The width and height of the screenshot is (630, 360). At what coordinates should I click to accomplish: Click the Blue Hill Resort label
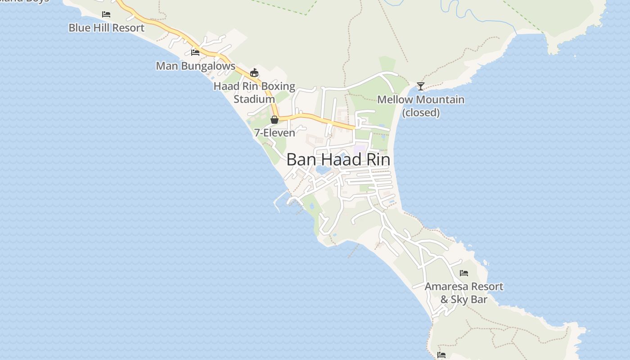(x=106, y=28)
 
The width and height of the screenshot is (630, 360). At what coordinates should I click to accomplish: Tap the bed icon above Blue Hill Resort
(x=106, y=14)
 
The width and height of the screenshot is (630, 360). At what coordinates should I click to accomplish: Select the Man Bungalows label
(x=195, y=66)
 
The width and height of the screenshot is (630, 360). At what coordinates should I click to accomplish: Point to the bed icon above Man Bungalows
(x=195, y=52)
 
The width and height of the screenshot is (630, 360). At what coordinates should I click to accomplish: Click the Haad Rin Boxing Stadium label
(x=254, y=92)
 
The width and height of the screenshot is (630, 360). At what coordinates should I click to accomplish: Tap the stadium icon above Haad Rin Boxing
(x=254, y=72)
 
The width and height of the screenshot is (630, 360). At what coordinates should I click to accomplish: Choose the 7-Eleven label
(x=274, y=133)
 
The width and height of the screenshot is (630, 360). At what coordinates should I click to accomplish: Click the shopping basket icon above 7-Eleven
(x=274, y=120)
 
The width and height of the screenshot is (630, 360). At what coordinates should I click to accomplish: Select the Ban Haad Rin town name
(x=338, y=160)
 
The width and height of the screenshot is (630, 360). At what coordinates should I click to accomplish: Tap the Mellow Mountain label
(x=421, y=99)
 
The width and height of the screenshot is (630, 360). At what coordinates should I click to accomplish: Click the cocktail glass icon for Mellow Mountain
(x=421, y=86)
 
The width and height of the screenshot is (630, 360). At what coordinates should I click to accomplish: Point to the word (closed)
(x=421, y=112)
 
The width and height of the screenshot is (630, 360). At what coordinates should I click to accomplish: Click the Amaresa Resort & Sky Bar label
(x=464, y=293)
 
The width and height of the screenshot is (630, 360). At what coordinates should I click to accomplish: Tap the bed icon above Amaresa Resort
(x=464, y=273)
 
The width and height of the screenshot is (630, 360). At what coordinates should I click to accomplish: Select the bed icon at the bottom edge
(x=441, y=355)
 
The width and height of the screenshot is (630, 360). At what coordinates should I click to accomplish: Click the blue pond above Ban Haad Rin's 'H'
(x=323, y=170)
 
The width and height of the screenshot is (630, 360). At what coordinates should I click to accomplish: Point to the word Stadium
(x=254, y=99)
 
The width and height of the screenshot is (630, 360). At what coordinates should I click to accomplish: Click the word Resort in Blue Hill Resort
(x=128, y=28)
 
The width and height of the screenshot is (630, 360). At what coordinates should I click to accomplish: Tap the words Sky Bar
(x=470, y=300)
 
